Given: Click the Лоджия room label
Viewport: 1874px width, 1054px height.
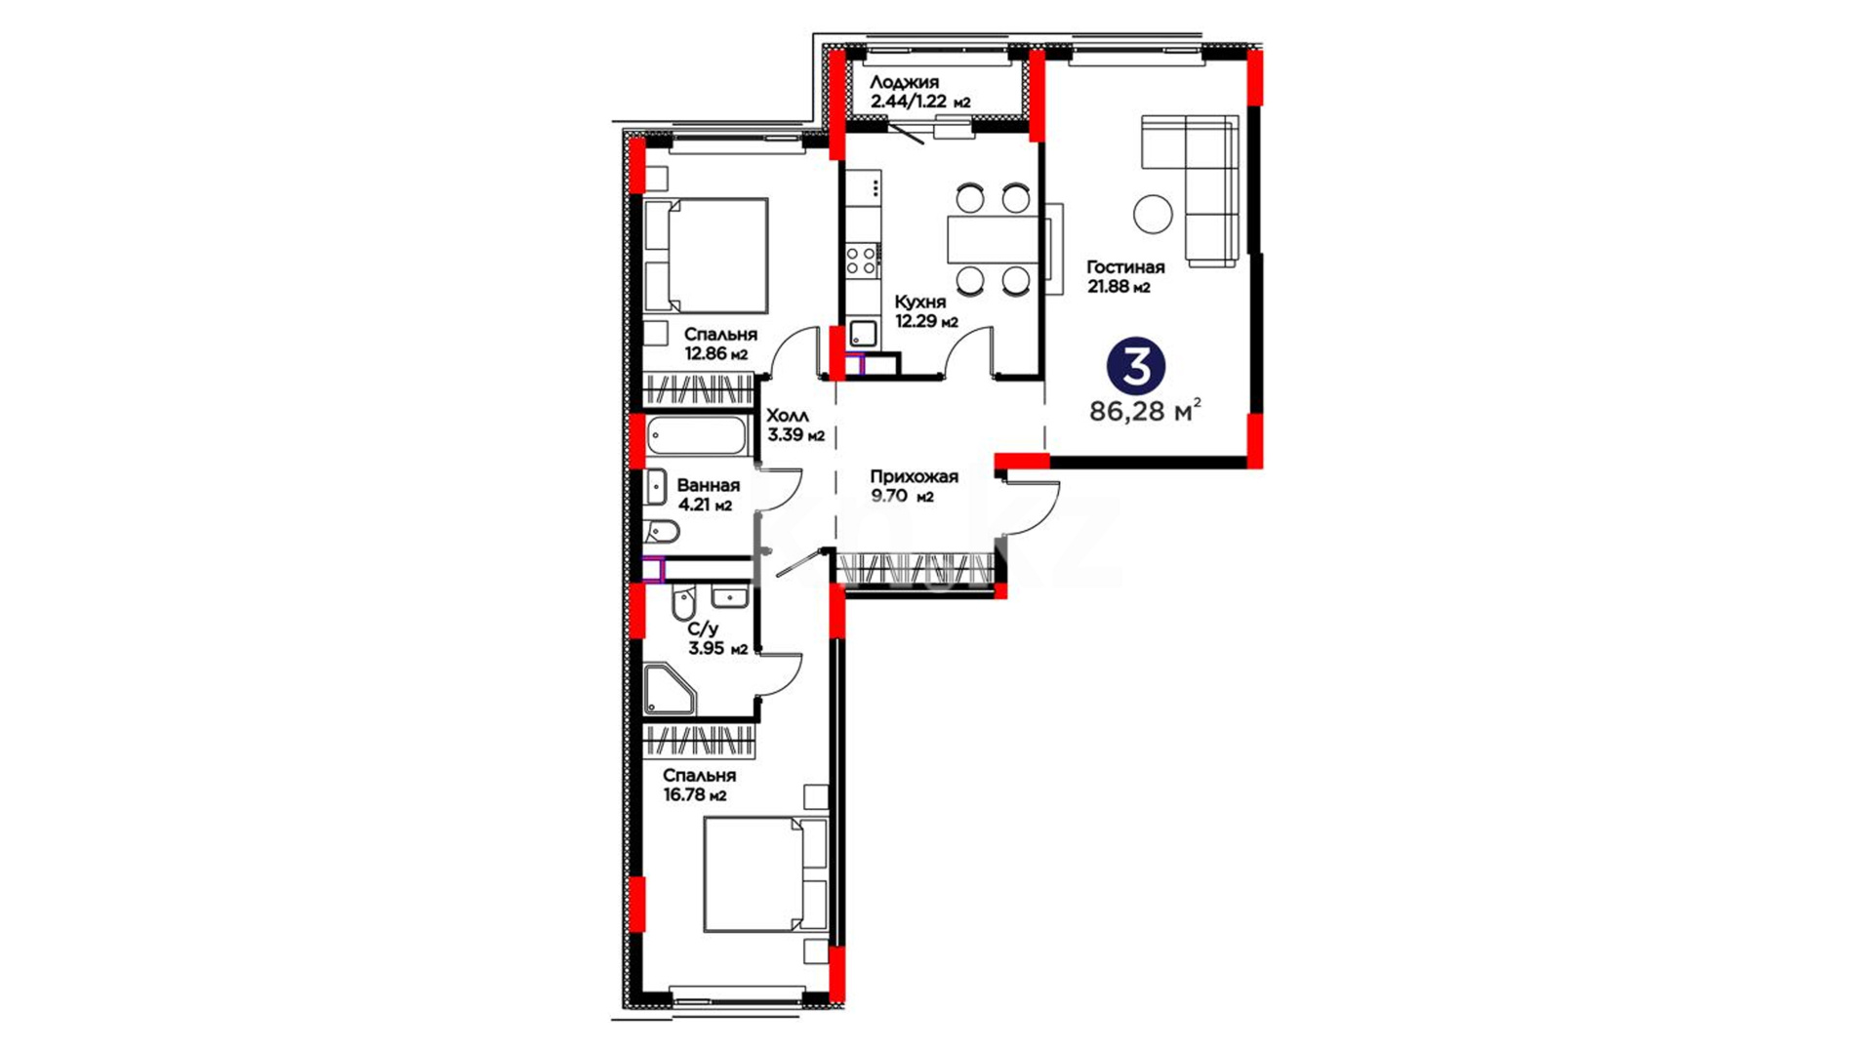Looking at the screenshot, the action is (x=905, y=83).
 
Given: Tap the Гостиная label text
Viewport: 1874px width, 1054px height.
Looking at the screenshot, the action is (x=1125, y=267).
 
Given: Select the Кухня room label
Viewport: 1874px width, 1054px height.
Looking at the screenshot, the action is (x=920, y=303).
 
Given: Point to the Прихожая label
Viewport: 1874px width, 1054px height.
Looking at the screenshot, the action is (x=914, y=476).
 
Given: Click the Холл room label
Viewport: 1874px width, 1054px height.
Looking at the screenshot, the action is (x=788, y=416).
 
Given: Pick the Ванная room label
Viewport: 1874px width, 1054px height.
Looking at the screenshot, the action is (x=708, y=485).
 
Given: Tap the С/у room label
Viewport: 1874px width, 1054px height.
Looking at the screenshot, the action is (x=703, y=629).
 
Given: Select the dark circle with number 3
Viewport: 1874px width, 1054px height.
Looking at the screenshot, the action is (x=1136, y=366).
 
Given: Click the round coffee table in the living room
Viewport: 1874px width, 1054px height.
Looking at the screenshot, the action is (x=1153, y=214).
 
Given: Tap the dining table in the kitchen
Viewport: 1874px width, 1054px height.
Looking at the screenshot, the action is (x=992, y=239).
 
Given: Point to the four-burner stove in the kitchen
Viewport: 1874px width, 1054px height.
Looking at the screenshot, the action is (x=861, y=261).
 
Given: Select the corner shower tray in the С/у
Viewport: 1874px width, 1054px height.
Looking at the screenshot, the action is (x=670, y=690).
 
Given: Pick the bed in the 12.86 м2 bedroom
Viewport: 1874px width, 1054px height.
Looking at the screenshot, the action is (x=706, y=256).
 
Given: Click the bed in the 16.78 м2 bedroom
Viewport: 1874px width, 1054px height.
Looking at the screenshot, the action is (x=765, y=874).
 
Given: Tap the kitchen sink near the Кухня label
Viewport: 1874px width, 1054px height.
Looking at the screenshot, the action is (x=863, y=333).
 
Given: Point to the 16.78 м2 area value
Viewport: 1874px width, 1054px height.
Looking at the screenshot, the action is (x=695, y=795).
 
